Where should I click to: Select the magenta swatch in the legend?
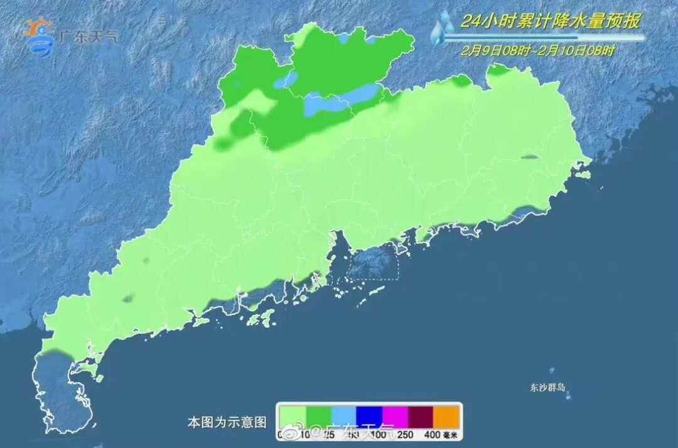pyautogui.click(x=396, y=416)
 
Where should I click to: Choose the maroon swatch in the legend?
pyautogui.click(x=422, y=416)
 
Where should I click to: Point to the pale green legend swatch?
pyautogui.click(x=293, y=416)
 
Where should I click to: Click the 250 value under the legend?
pyautogui.click(x=406, y=434)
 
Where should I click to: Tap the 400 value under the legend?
pyautogui.click(x=433, y=434)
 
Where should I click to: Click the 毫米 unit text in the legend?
pyautogui.click(x=453, y=434)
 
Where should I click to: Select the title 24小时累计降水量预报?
pyautogui.click(x=550, y=22)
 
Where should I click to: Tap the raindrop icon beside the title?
pyautogui.click(x=445, y=27)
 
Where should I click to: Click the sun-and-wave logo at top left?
pyautogui.click(x=39, y=36)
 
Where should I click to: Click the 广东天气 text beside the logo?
pyautogui.click(x=88, y=36)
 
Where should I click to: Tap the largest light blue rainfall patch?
pyautogui.click(x=342, y=101)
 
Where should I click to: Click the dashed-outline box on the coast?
pyautogui.click(x=374, y=263)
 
